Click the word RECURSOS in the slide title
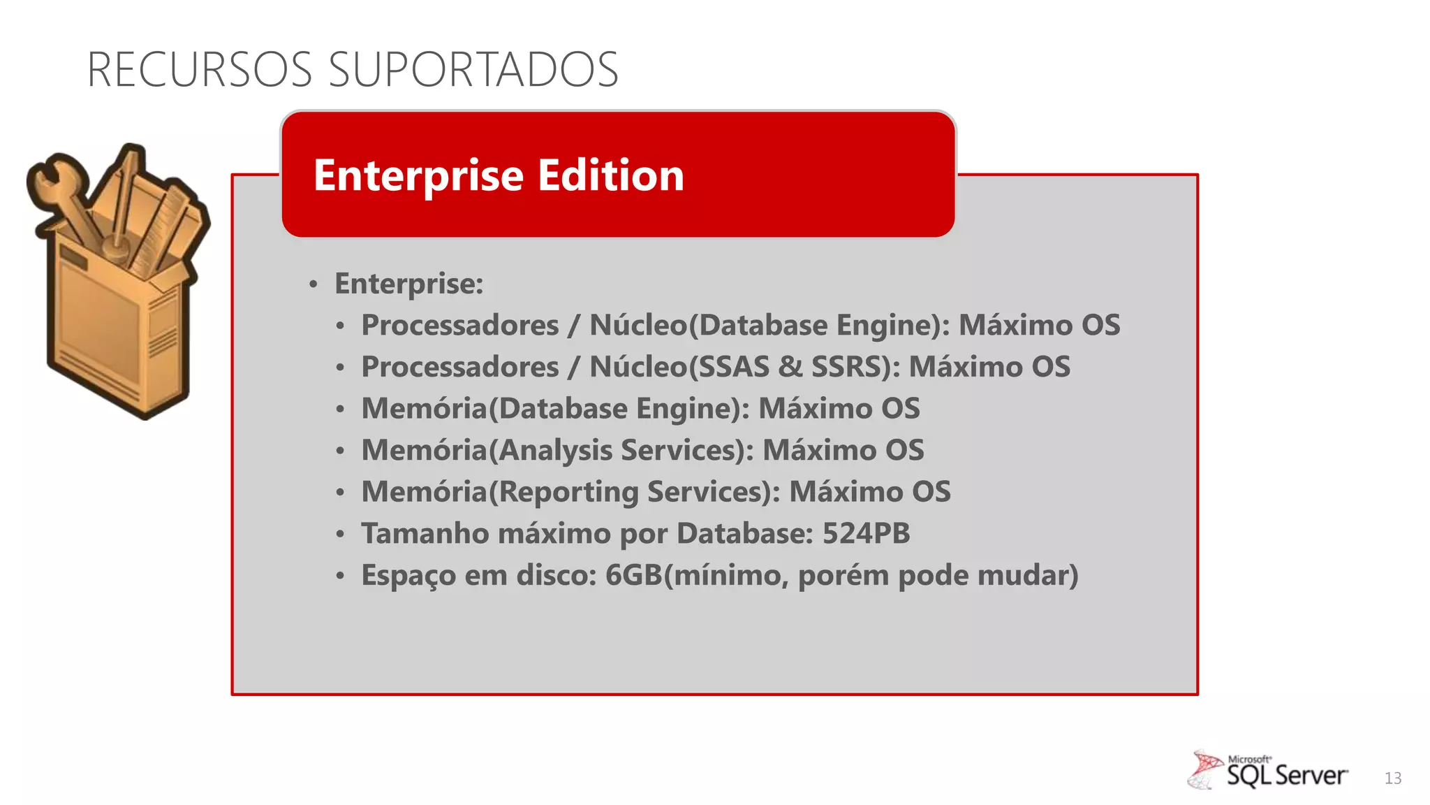200,70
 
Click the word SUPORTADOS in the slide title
473,70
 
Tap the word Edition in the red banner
611,175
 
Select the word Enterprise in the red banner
418,175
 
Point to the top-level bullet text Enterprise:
408,284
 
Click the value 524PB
866,534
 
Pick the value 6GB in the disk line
633,576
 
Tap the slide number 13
1392,778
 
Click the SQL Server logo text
1287,776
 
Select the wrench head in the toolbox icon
49,178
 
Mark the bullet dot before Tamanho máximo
340,535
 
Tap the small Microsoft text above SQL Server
1248,759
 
